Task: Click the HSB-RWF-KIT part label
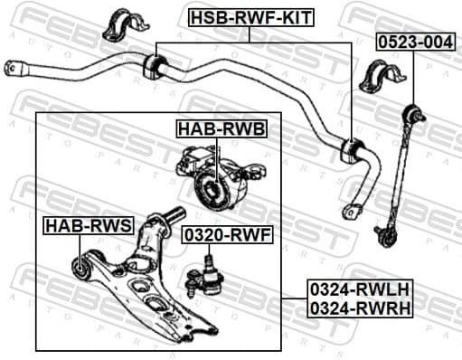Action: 250,15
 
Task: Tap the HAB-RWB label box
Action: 222,129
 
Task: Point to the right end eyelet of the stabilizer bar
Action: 353,211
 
